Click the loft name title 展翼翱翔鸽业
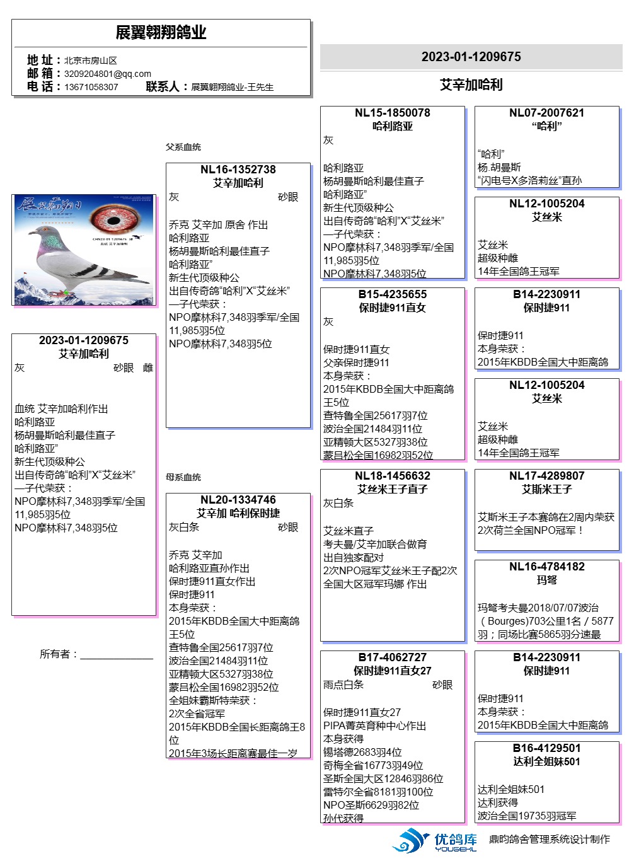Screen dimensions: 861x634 coord(161,33)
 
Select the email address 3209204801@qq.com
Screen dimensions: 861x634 coord(108,74)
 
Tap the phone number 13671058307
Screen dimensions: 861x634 coord(91,87)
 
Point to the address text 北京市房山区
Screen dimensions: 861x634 coord(90,61)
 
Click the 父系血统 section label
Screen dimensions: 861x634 coord(183,147)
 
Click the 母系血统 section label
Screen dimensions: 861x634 coord(183,477)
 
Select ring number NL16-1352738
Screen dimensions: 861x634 coord(238,170)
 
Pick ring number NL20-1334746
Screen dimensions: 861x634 coord(238,500)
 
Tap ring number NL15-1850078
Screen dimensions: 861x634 coord(393,113)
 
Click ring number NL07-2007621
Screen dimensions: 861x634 coord(547,113)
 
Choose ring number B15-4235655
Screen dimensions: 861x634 coord(393,294)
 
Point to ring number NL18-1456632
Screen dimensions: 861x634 coord(393,476)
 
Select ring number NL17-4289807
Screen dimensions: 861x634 coord(547,476)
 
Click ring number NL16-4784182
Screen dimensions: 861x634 coord(547,567)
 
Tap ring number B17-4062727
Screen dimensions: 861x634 coord(393,657)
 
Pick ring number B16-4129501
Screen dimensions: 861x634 coord(547,748)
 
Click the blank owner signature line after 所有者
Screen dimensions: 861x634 coord(117,656)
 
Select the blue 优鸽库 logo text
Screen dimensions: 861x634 coord(456,840)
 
